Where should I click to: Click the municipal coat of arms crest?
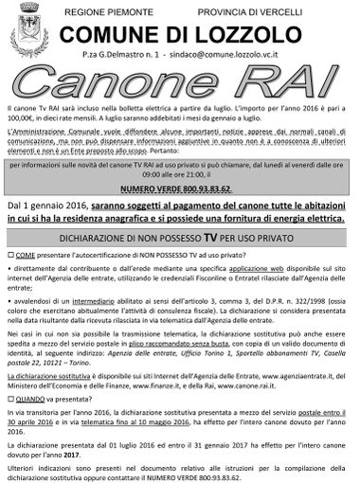click(28, 34)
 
